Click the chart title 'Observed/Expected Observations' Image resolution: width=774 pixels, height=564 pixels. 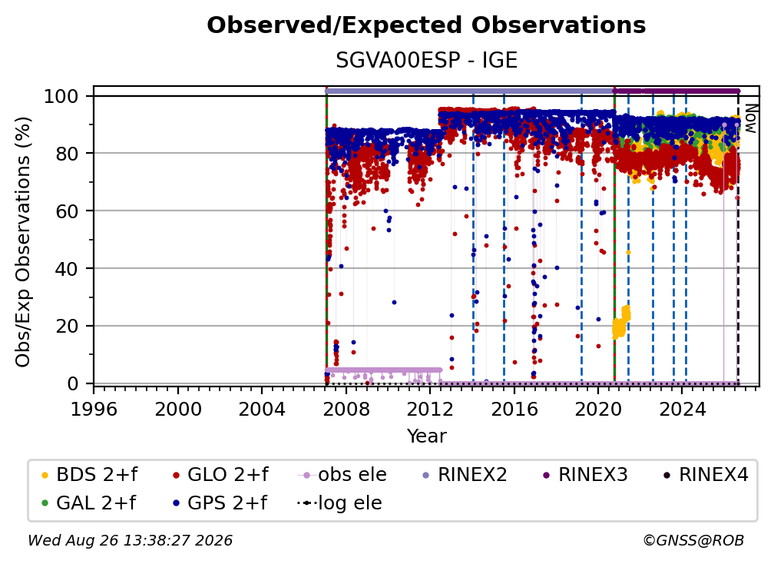426,25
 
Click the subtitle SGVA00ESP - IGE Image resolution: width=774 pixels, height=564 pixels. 426,60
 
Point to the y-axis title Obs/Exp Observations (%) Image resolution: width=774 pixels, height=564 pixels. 23,242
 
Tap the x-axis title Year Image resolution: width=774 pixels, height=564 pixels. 426,436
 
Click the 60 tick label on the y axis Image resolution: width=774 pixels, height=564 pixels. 67,211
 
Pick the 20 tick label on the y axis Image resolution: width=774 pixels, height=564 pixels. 67,326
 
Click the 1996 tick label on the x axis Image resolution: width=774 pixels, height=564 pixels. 94,409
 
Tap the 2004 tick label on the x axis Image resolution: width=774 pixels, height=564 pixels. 262,409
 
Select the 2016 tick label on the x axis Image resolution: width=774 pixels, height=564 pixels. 514,409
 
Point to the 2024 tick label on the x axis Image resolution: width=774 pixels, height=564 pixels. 682,409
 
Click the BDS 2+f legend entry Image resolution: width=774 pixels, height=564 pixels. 89,475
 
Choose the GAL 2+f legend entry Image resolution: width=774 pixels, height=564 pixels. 88,503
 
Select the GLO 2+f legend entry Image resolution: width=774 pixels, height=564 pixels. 220,475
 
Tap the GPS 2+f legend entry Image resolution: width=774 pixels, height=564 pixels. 219,503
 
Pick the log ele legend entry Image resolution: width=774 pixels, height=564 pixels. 339,503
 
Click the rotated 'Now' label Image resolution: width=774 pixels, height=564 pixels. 750,118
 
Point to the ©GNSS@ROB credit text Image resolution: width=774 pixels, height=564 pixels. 693,540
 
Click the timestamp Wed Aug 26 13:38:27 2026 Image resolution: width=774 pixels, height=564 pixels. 130,540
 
